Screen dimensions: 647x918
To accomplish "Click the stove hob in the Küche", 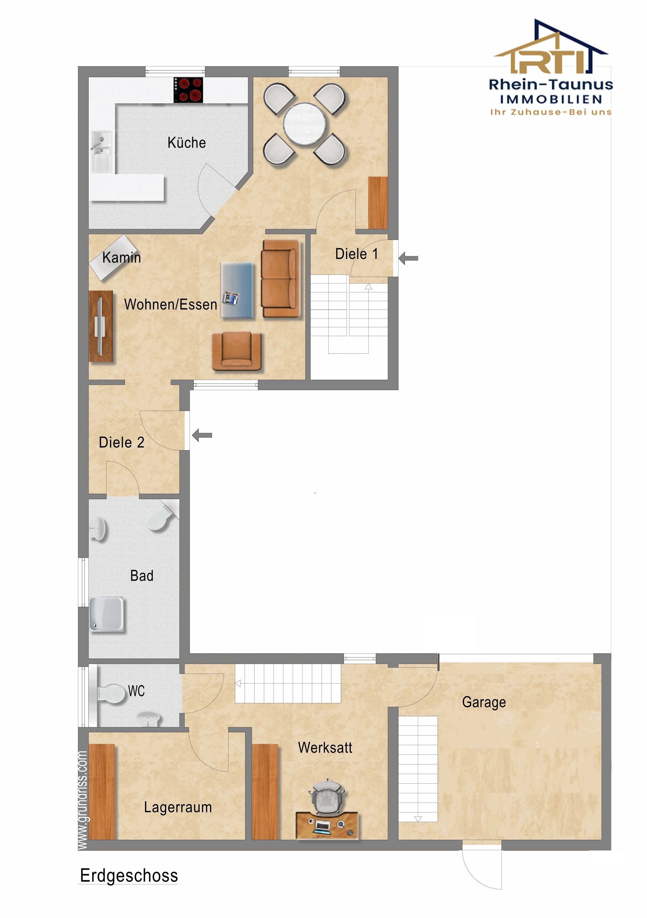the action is click(x=188, y=90).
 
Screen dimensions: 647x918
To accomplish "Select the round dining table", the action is click(x=305, y=124).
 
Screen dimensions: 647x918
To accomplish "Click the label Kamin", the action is click(x=122, y=257).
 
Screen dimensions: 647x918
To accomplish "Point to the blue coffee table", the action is click(x=237, y=291).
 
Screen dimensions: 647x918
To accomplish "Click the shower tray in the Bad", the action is click(x=107, y=614).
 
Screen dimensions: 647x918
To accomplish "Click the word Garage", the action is click(x=484, y=702).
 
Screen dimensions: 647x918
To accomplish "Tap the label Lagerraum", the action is click(x=178, y=807).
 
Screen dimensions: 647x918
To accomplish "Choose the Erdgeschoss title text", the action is click(x=129, y=875).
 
